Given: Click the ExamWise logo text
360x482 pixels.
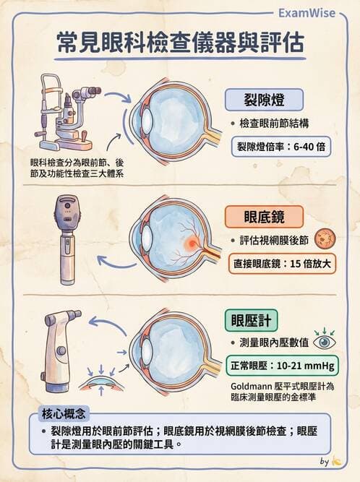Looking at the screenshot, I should click(313, 12).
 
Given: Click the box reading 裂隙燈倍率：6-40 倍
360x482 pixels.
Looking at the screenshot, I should click(280, 146).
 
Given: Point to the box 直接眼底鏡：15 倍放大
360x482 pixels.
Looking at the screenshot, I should click(280, 263).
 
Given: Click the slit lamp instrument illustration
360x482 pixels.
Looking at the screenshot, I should click(65, 108).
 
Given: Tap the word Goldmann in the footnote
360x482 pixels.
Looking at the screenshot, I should click(245, 387).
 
